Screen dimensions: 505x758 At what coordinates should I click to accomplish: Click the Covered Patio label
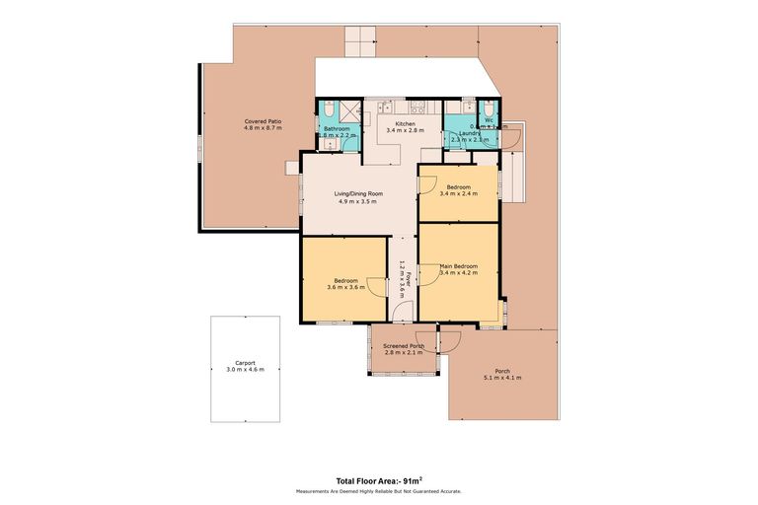point(264,121)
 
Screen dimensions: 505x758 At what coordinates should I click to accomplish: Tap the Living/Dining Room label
point(359,193)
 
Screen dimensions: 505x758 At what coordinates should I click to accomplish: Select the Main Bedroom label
point(459,265)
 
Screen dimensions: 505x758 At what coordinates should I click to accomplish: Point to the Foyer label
point(402,277)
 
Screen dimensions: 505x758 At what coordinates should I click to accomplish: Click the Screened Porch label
point(404,346)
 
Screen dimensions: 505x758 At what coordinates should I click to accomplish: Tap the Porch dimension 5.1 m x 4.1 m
point(502,378)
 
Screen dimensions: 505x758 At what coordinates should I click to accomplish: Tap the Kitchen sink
point(387,107)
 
